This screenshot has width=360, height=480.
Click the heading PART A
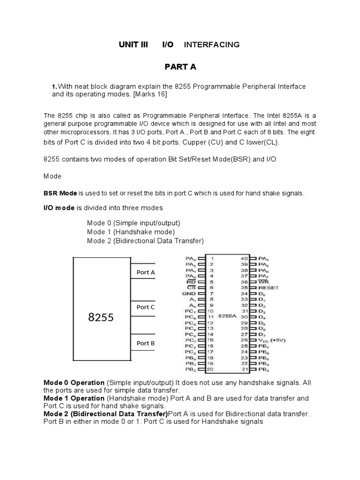point(180,67)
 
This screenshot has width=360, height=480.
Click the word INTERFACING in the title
point(211,45)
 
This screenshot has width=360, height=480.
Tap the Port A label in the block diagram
point(146,272)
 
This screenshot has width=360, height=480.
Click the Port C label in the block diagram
point(146,307)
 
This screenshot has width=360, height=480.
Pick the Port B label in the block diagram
point(146,343)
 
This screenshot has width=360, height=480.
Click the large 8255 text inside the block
point(101,317)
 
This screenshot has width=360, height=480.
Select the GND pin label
point(189,293)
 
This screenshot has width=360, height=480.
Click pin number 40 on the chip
point(244,258)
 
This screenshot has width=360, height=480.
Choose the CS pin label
point(191,287)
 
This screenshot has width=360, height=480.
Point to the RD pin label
point(191,282)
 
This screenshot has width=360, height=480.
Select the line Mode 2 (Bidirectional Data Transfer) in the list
point(145,241)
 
